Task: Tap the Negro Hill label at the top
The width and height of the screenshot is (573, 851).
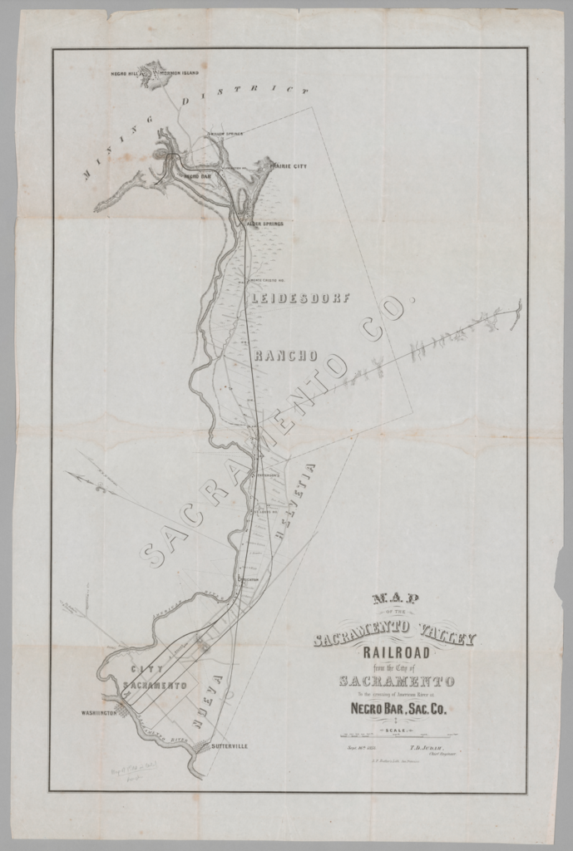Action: point(126,74)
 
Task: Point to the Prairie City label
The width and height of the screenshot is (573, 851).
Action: point(288,167)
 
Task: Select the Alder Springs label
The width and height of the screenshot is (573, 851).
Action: point(264,224)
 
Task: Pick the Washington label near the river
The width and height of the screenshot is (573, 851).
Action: point(98,712)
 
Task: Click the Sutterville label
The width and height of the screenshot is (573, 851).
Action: point(228,746)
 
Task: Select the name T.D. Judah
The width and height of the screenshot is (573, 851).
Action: point(431,747)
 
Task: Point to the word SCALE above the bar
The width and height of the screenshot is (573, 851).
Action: point(396,729)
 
